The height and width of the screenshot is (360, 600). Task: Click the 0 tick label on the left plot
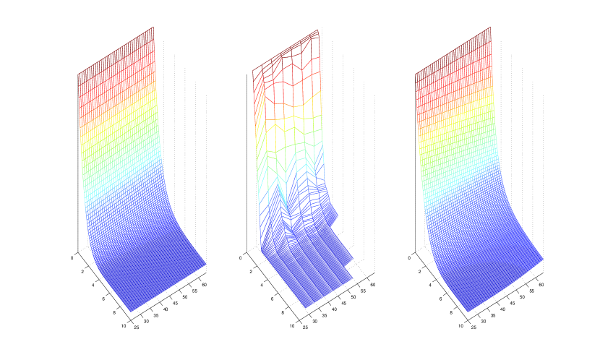click(72, 258)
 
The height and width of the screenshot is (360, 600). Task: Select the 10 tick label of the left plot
click(123, 326)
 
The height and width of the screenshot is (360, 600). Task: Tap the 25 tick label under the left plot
click(137, 327)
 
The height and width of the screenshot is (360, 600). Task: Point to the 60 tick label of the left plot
click(205, 285)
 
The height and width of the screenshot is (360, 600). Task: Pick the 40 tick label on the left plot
click(166, 309)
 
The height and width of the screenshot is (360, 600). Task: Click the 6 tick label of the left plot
click(103, 299)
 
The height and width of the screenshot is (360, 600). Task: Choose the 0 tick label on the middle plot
click(240, 258)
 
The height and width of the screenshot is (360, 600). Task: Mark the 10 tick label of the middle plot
click(292, 326)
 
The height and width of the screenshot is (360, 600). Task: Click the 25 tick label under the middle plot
click(305, 327)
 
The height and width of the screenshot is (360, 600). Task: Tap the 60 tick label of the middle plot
click(373, 285)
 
